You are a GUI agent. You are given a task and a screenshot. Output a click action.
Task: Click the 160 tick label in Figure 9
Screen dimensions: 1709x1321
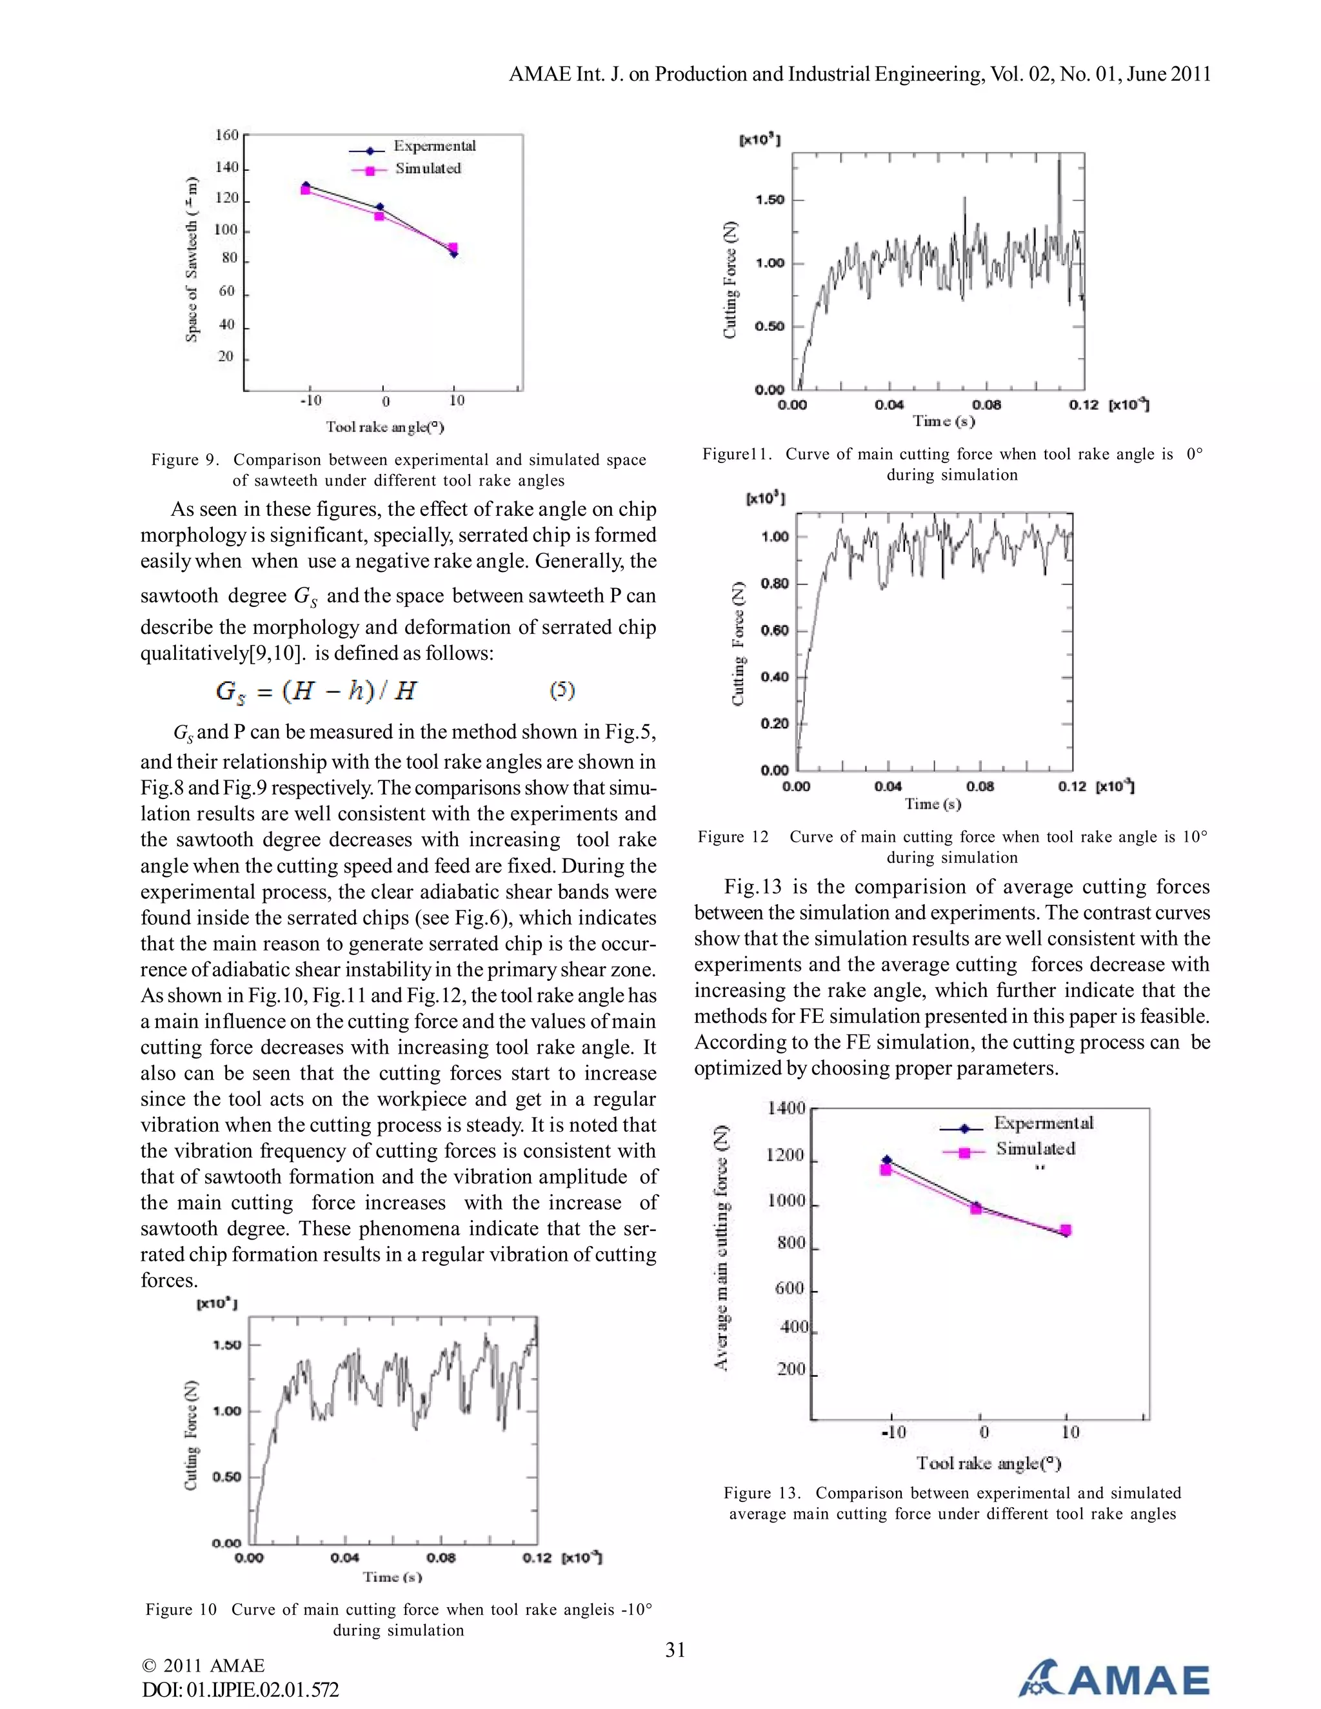[x=226, y=135]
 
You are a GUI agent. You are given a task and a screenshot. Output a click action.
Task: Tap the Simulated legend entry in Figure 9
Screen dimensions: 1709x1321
[x=427, y=168]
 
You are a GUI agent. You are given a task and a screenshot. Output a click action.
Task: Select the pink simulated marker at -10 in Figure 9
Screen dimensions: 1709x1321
[x=305, y=190]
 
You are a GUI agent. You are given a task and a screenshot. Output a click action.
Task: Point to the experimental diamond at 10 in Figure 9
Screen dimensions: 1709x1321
[x=453, y=253]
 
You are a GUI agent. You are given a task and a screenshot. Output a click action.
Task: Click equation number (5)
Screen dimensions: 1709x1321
[x=562, y=689]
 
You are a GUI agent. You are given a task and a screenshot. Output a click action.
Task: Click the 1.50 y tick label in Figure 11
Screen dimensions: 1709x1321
[x=770, y=199]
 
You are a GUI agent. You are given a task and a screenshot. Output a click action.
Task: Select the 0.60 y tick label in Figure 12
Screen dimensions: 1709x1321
[x=775, y=630]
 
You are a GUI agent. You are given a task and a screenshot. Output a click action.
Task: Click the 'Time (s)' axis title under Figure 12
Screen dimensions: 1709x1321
[x=933, y=804]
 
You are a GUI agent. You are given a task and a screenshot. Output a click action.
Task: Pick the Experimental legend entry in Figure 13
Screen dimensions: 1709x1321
[x=1043, y=1123]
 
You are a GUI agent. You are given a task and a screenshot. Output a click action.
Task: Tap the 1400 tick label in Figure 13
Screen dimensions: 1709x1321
[x=786, y=1107]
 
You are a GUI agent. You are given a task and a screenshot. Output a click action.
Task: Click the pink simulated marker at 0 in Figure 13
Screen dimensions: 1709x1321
[x=976, y=1209]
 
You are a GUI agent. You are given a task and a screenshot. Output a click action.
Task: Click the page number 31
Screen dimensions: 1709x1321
[x=675, y=1650]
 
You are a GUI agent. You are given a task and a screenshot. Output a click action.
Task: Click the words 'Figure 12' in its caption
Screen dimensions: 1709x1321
[x=733, y=836]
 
